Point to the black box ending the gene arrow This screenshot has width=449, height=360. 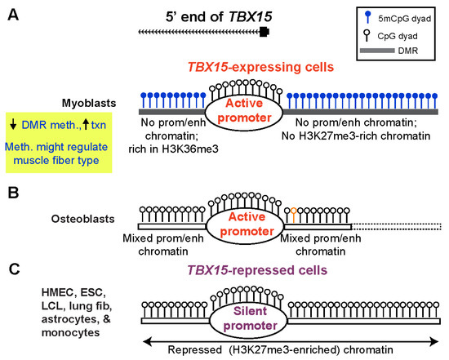pyautogui.click(x=265, y=32)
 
